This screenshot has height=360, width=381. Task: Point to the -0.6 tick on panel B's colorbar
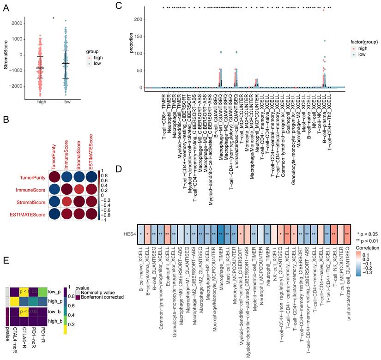tap(104, 207)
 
